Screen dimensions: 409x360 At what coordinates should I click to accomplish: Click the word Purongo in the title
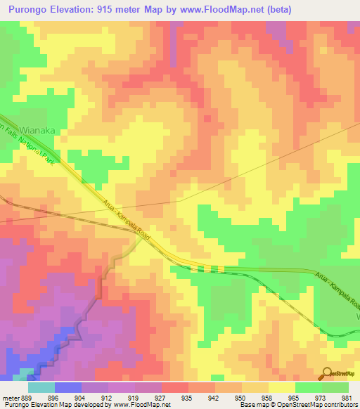click(30, 10)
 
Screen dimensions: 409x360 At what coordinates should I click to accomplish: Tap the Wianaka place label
click(37, 130)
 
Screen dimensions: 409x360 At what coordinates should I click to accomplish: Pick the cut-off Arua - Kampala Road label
click(336, 291)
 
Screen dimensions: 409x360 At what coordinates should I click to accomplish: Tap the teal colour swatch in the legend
click(41, 387)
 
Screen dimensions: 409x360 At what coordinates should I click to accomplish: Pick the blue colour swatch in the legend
click(67, 387)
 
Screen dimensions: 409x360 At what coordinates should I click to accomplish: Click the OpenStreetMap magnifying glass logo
click(328, 374)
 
